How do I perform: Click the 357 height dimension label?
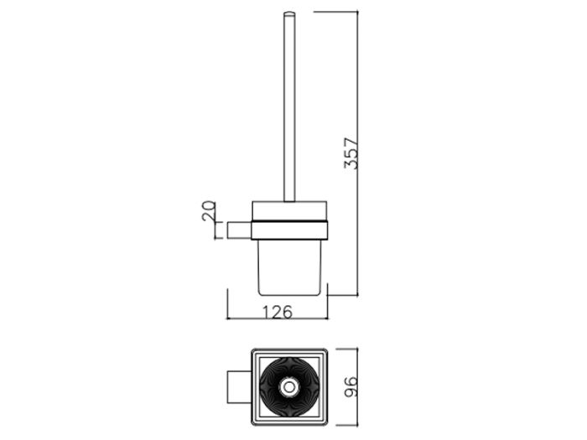coord(351,153)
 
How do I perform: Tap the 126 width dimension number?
coord(277,312)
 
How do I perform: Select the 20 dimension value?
coord(209,210)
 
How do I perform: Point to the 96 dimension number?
coord(351,387)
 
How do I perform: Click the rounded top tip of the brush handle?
coord(289,14)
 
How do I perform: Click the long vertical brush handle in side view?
coord(289,107)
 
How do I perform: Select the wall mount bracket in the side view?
coord(239,230)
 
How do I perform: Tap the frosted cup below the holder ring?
coord(289,267)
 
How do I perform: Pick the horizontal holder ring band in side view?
coord(289,230)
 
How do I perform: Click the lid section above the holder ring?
coord(289,211)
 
